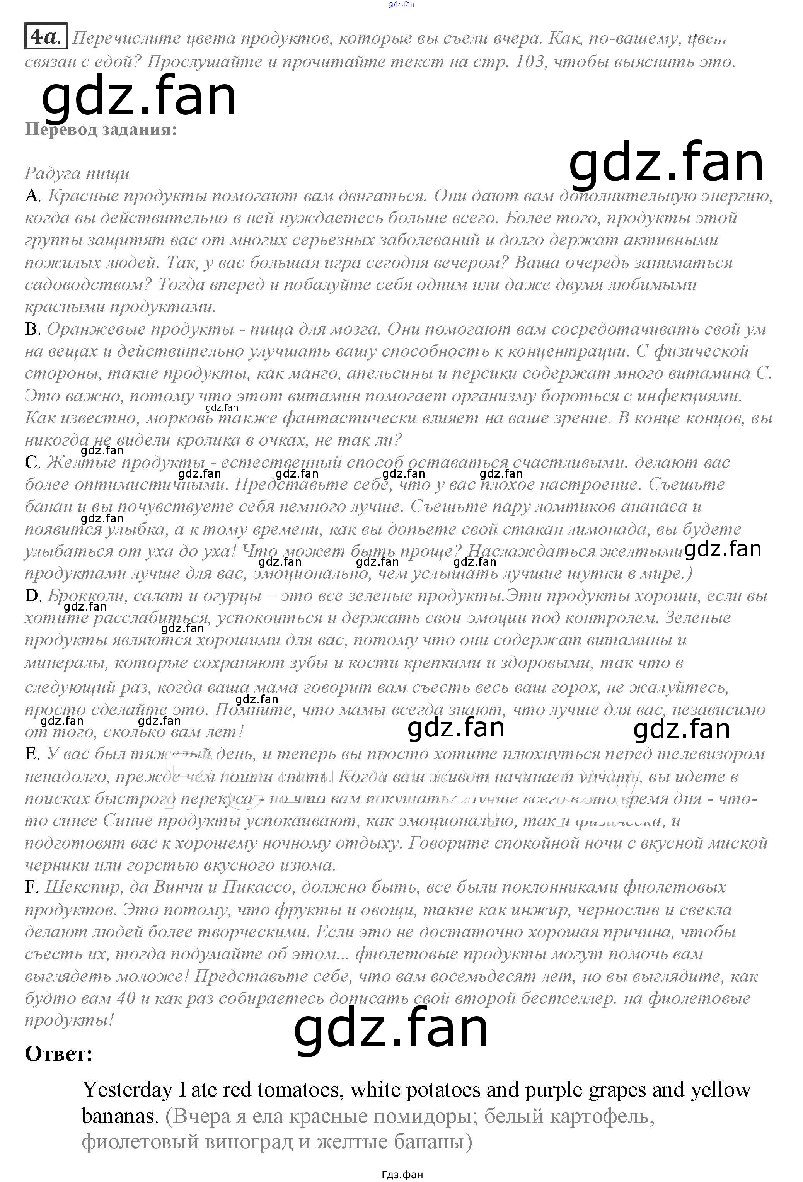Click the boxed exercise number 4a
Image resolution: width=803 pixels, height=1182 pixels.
coord(45,37)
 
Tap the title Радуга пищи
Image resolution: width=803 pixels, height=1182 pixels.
coord(77,173)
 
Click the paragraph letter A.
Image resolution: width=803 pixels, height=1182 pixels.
coord(32,195)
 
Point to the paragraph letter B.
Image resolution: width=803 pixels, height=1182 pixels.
coord(32,329)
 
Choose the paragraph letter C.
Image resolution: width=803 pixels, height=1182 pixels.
coord(32,462)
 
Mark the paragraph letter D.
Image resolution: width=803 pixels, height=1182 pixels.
coord(32,595)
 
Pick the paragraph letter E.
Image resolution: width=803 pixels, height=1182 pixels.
coord(32,754)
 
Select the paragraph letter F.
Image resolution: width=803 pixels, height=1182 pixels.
coord(31,887)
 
